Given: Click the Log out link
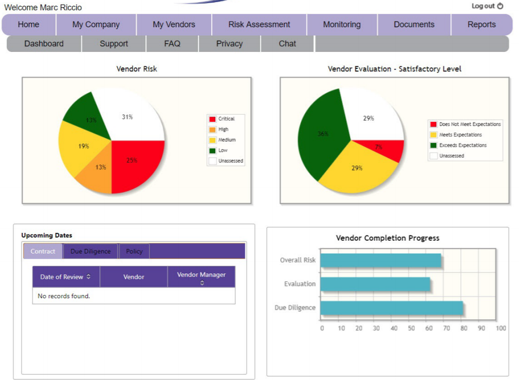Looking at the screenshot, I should pyautogui.click(x=487, y=6).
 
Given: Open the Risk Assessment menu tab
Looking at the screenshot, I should pyautogui.click(x=259, y=25).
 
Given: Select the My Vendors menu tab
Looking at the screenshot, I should pyautogui.click(x=174, y=25).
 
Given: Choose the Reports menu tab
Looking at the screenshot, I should pyautogui.click(x=481, y=25).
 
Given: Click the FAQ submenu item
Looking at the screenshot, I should pyautogui.click(x=172, y=44).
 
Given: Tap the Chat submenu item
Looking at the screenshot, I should pyautogui.click(x=287, y=44).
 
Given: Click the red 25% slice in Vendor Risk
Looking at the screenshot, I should pyautogui.click(x=135, y=164).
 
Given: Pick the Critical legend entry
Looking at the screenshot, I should pyautogui.click(x=226, y=119).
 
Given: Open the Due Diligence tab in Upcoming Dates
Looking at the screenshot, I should pyautogui.click(x=90, y=251).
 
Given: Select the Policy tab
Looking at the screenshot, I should pyautogui.click(x=134, y=251).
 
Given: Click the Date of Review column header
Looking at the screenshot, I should pyautogui.click(x=65, y=277).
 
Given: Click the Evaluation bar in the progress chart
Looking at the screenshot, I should pyautogui.click(x=375, y=284).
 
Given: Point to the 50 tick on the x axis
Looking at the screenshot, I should pyautogui.click(x=411, y=328).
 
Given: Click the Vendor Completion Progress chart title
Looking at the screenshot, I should pyautogui.click(x=387, y=238).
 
